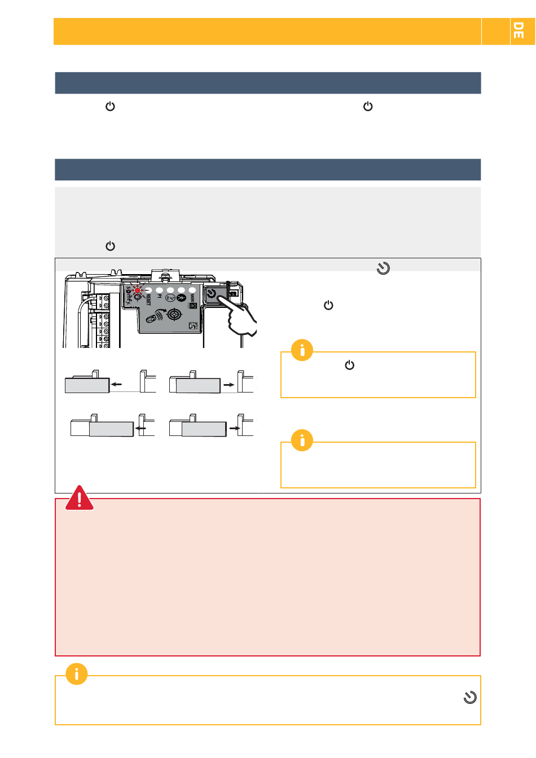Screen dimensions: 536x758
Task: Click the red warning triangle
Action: click(80, 499)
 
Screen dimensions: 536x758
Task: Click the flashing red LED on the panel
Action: click(137, 290)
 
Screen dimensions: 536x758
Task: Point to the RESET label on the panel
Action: click(148, 299)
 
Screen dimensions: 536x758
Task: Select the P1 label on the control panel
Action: click(160, 296)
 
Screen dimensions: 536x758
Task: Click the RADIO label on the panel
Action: click(192, 296)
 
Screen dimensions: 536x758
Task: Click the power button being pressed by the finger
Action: click(211, 294)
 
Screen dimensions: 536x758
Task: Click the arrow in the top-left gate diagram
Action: click(116, 384)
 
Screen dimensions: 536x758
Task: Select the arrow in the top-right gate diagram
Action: click(229, 384)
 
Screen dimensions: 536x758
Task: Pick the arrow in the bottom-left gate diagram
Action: click(141, 429)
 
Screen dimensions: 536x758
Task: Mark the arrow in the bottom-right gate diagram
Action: click(234, 429)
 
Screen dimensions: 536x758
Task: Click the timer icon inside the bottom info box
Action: click(470, 698)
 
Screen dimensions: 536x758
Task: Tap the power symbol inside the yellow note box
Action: click(350, 365)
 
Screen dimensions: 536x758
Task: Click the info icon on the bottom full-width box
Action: click(77, 674)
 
